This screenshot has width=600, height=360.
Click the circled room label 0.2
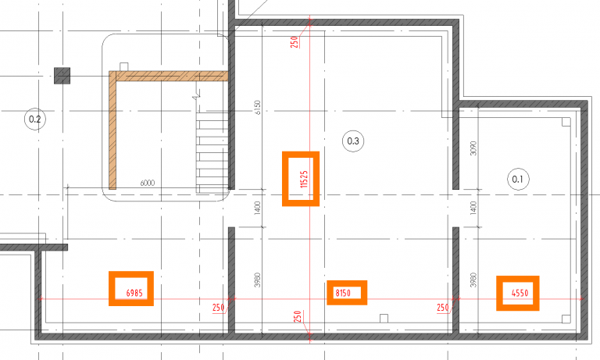(x=35, y=119)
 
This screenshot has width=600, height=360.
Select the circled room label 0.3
(x=353, y=141)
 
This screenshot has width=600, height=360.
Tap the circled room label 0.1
(x=518, y=179)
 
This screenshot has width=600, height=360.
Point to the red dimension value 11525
(x=304, y=179)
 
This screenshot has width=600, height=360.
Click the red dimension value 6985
(x=134, y=293)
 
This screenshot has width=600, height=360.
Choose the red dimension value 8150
(x=343, y=293)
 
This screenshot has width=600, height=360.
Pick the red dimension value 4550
(x=520, y=293)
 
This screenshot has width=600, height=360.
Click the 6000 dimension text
(x=148, y=183)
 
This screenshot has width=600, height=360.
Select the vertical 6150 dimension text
(x=258, y=108)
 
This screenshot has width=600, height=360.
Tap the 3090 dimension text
(x=473, y=148)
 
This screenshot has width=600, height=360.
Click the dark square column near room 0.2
(x=62, y=76)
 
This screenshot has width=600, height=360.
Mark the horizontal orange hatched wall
(x=169, y=76)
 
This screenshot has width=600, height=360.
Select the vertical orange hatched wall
(x=112, y=130)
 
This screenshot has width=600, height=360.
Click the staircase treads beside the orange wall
(x=212, y=152)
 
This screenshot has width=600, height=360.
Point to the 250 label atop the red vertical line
(x=295, y=41)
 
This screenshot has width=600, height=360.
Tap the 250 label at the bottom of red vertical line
(x=298, y=316)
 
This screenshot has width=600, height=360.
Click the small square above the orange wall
(x=124, y=67)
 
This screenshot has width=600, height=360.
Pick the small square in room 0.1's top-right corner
(x=566, y=122)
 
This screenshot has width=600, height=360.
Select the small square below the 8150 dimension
(x=384, y=319)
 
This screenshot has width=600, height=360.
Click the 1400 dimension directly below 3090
(x=473, y=208)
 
